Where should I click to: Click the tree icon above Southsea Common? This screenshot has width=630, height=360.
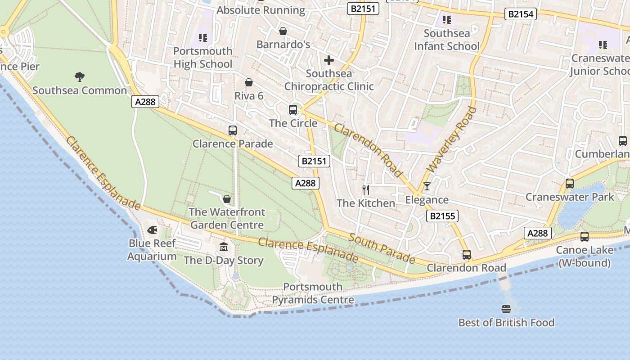tap(80, 77)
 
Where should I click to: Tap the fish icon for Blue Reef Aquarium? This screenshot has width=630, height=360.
tap(152, 230)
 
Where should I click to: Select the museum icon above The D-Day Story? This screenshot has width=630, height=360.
tap(224, 247)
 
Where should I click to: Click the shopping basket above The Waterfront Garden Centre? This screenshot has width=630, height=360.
tap(227, 199)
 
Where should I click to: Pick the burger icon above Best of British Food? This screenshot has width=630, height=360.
tap(506, 309)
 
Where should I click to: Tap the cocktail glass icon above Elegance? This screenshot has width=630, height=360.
tap(427, 186)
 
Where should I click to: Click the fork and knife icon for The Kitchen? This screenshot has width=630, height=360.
tap(366, 190)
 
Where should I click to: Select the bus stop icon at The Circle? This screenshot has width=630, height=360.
tap(293, 109)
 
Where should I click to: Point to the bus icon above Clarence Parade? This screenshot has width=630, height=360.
tap(233, 130)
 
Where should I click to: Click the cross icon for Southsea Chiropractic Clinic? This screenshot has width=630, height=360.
tap(329, 60)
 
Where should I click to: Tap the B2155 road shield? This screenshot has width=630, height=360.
tap(442, 216)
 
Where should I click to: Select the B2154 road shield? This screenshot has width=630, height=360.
tap(521, 14)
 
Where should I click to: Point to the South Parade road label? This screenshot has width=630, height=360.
tap(382, 248)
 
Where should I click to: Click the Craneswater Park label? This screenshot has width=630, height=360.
tap(570, 197)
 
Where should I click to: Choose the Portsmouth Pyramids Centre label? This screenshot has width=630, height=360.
tap(313, 293)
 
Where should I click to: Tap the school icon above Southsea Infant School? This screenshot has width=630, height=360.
tap(446, 20)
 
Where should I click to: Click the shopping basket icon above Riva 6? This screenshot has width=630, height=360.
tap(249, 82)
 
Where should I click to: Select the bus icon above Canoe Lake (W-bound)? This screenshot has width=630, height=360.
tap(584, 237)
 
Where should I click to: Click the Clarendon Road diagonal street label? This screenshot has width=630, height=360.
tap(368, 150)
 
